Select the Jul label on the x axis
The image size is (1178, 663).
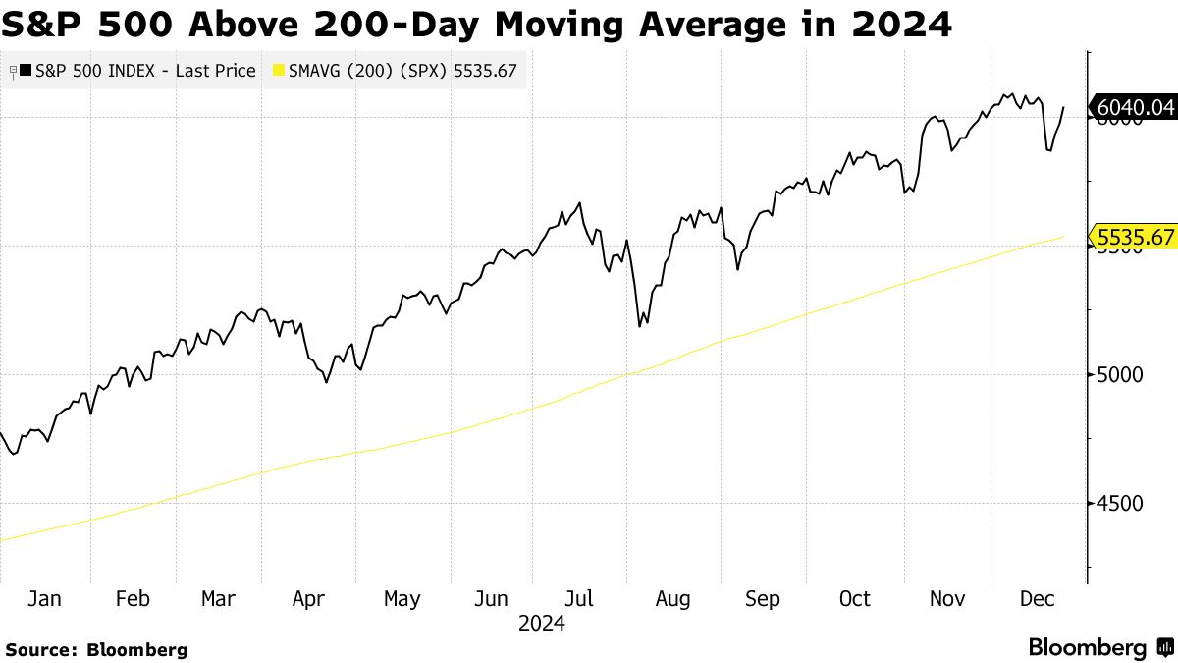tap(581, 598)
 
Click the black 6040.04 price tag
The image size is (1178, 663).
tap(1135, 107)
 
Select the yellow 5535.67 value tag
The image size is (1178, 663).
tap(1135, 237)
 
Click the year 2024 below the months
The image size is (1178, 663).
tap(542, 623)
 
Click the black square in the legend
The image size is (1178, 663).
tap(26, 71)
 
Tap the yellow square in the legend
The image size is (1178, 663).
tap(278, 71)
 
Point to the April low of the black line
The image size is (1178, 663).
tap(326, 382)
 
